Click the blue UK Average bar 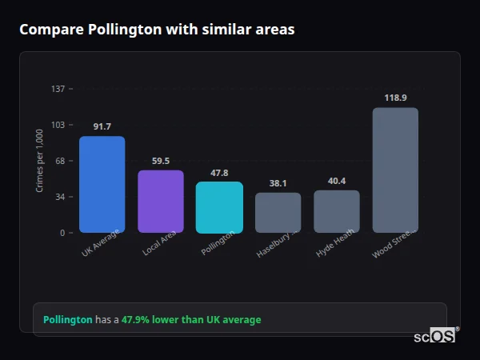pos(102,185)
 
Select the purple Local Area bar pos(161,202)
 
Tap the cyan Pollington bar pos(219,207)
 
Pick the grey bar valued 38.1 pos(278,213)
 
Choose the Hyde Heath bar pos(337,211)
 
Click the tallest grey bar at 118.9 pos(395,170)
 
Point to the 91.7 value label pos(102,127)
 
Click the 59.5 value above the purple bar pos(161,161)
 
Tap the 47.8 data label pos(219,173)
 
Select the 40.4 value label pos(337,182)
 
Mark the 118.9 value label pos(395,98)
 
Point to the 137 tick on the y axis pos(58,89)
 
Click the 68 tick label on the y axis pos(60,161)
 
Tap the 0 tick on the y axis pos(62,233)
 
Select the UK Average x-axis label pos(101,244)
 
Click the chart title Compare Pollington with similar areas pos(157,30)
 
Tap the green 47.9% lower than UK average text pos(191,320)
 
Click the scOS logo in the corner pos(435,337)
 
